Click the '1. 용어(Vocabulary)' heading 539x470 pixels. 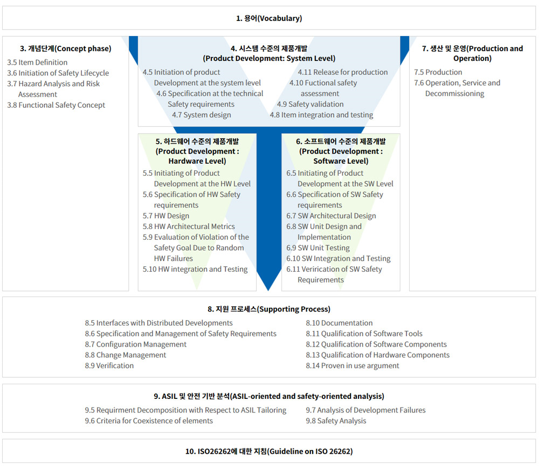pos(269,18)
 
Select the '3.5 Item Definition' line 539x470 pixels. pos(37,62)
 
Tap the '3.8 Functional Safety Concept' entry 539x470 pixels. pos(56,105)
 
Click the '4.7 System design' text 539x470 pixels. pos(202,115)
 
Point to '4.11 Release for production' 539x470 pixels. pos(343,72)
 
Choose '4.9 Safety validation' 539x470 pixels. pos(310,104)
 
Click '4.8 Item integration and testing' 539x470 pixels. pos(321,115)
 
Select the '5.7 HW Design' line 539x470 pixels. pos(166,216)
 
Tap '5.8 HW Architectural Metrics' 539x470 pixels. pos(189,226)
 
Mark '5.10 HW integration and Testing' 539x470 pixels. pos(195,269)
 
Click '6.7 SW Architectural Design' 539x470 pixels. pos(331,216)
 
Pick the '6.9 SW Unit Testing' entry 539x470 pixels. pos(318,248)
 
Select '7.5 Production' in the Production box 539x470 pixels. pos(438,72)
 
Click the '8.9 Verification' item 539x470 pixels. pos(109,365)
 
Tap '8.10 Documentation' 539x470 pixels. pos(339,323)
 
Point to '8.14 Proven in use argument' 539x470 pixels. pos(353,365)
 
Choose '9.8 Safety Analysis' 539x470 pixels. pos(336,421)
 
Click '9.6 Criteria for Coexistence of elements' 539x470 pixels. pos(149,421)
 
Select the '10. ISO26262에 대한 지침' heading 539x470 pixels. pos(226,452)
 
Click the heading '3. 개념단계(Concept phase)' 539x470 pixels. pos(66,49)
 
